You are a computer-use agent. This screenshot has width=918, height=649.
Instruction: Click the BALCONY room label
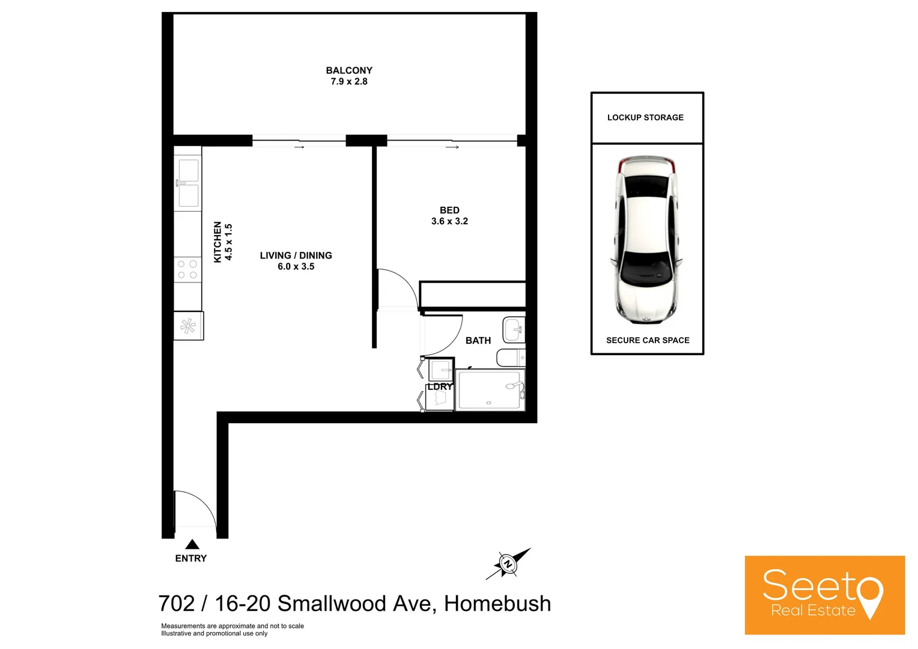(x=349, y=70)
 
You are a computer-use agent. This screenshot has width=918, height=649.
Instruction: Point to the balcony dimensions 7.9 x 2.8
(x=349, y=82)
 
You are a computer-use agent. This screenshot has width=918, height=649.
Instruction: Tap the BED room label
(x=449, y=210)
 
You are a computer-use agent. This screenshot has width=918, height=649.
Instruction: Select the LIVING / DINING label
(x=296, y=255)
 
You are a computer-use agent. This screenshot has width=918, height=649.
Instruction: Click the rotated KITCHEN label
(x=217, y=242)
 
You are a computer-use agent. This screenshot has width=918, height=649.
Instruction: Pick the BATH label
(x=478, y=341)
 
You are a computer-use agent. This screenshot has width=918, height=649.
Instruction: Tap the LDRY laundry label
(x=440, y=387)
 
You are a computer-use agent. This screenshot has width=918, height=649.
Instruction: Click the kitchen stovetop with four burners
(x=187, y=269)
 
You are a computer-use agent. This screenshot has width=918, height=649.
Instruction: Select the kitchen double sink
(x=188, y=183)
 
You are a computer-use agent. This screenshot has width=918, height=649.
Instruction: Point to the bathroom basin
(x=514, y=329)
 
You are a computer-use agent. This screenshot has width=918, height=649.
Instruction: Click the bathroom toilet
(x=511, y=358)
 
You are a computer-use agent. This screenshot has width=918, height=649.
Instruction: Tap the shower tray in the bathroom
(x=490, y=390)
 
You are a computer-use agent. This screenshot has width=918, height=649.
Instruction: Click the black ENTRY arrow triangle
(x=192, y=544)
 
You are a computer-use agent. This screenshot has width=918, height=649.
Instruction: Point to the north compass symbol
(x=508, y=564)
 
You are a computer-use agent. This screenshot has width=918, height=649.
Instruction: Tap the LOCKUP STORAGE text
(x=645, y=118)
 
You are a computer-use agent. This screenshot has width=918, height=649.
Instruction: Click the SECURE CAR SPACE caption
(x=648, y=341)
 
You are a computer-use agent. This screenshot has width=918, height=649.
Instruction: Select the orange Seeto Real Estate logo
(x=824, y=595)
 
